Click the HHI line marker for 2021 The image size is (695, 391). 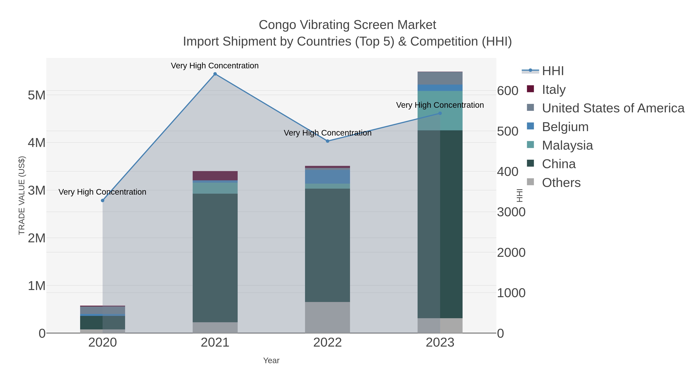pyautogui.click(x=215, y=74)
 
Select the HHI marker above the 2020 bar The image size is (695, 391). pyautogui.click(x=103, y=200)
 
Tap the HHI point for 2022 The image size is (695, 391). pyautogui.click(x=328, y=141)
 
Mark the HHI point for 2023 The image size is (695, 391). pyautogui.click(x=440, y=113)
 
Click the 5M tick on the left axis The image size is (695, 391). pyautogui.click(x=37, y=95)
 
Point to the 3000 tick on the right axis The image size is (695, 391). pyautogui.click(x=511, y=212)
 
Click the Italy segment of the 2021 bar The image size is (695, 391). pyautogui.click(x=215, y=176)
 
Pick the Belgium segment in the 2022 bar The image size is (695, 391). pyautogui.click(x=328, y=177)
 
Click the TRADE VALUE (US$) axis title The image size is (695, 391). pyautogui.click(x=22, y=195)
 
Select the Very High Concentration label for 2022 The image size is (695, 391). pyautogui.click(x=328, y=133)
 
